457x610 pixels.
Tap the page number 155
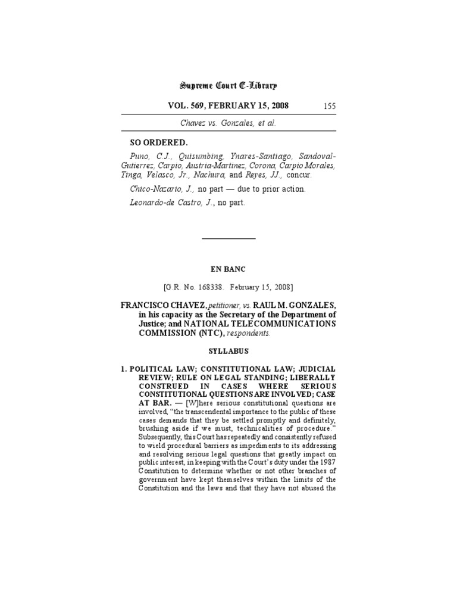coord(330,106)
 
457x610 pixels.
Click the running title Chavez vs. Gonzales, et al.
coord(228,123)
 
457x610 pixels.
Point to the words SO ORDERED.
coord(159,142)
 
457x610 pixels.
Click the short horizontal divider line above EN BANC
coord(228,238)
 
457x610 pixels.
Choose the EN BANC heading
coord(228,269)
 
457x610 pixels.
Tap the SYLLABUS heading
coord(228,351)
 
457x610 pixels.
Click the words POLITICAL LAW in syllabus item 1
coord(159,370)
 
